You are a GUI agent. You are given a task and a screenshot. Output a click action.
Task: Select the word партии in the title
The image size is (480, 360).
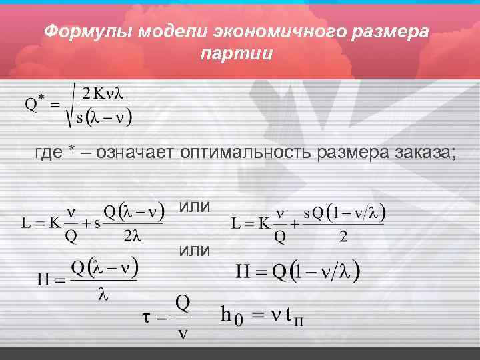coord(237,53)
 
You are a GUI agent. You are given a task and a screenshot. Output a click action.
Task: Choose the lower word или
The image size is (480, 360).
coord(194,251)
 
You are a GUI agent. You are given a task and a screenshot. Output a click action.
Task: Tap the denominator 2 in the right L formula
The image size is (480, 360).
coord(344,236)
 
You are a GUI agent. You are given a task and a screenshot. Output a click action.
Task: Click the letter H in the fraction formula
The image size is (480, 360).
coord(44,280)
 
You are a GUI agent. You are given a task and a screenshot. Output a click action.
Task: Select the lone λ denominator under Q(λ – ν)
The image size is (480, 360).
coord(103,293)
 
